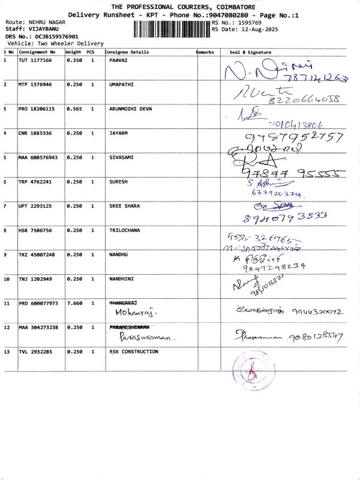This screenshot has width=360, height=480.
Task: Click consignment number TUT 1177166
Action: tap(35, 61)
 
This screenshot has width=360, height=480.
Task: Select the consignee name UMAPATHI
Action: tap(122, 85)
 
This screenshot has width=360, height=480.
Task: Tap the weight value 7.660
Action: tap(74, 304)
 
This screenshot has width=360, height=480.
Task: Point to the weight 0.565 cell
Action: tap(74, 109)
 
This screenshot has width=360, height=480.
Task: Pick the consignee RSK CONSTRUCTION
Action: tap(134, 352)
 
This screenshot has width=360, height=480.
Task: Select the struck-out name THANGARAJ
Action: tap(123, 304)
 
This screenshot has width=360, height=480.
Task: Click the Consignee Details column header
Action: tap(127, 53)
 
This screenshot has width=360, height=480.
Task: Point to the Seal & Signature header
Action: tap(251, 53)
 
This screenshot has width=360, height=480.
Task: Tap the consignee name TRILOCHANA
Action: tap(125, 230)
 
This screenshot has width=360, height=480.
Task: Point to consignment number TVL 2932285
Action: tap(35, 352)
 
